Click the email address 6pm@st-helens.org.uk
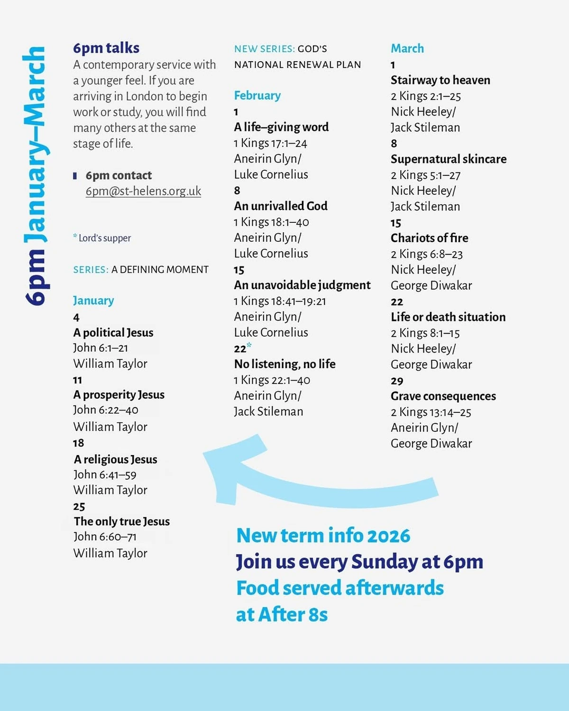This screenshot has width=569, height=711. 143,191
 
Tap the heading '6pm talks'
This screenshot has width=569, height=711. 106,48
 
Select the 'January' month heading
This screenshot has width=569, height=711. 93,301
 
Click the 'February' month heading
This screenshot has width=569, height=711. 257,95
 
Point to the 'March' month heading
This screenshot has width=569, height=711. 407,48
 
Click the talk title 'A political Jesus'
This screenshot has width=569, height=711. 113,332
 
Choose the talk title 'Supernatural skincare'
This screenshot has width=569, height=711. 449,159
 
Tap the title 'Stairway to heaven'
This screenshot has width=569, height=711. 441,80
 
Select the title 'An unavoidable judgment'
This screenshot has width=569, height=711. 302,285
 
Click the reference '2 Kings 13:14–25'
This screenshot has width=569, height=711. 431,412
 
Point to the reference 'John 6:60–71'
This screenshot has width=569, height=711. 105,537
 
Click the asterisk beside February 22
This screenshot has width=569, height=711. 249,346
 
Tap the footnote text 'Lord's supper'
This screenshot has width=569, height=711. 104,238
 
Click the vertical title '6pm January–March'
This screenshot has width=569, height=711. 36,175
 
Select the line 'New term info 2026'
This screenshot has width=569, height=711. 323,536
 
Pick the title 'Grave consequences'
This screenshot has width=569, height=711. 443,396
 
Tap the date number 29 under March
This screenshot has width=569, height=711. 397,381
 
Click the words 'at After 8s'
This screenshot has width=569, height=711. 282,614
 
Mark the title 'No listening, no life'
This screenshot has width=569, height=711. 285,364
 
